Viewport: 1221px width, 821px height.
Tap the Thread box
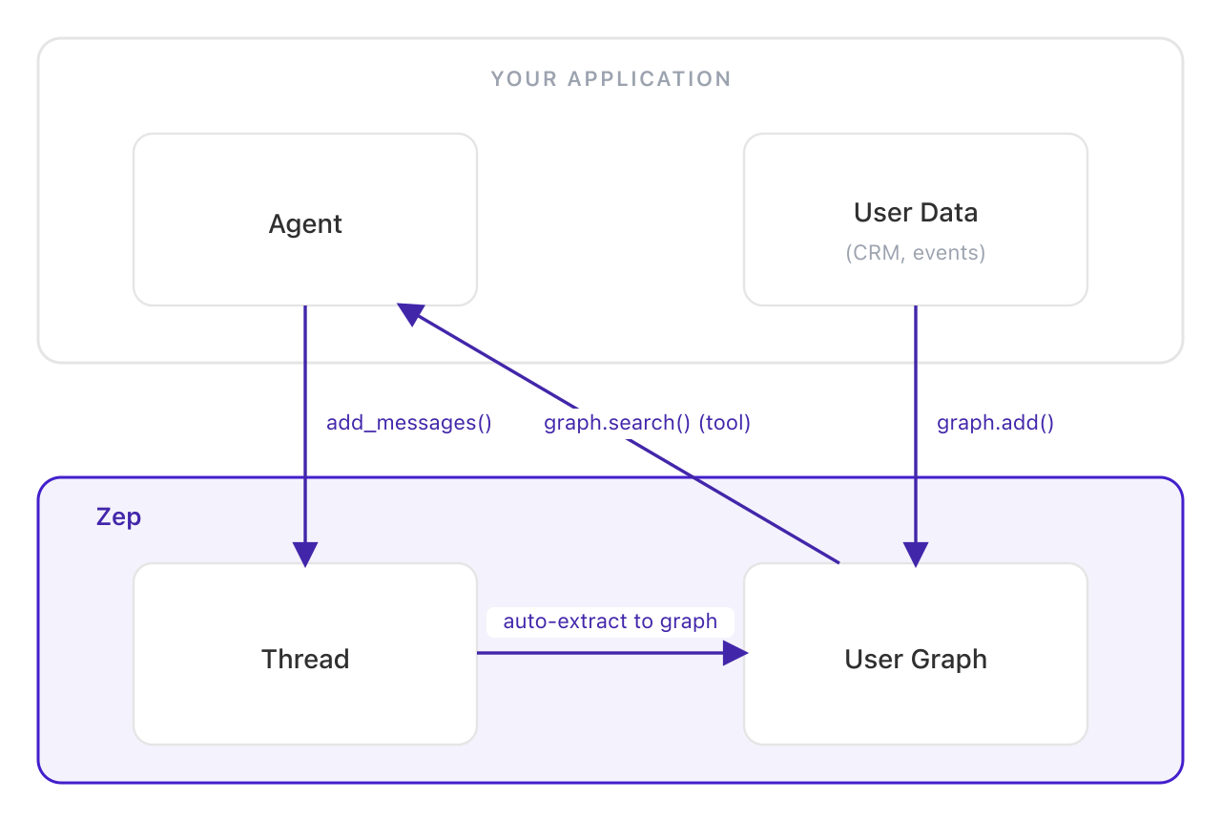tap(305, 659)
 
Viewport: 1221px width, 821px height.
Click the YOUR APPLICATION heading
tap(610, 79)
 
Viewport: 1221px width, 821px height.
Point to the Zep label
tap(119, 517)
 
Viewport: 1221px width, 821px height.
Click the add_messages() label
tap(408, 423)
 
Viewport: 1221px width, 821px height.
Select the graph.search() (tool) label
tap(647, 423)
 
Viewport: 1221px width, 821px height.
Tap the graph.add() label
tap(995, 423)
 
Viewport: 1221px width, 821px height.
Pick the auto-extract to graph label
tap(610, 621)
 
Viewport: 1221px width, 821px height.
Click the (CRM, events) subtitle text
tap(916, 253)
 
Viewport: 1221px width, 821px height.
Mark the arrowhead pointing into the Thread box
tap(305, 554)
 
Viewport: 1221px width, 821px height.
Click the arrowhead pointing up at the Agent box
tap(411, 314)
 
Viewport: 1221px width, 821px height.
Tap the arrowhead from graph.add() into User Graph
tap(916, 554)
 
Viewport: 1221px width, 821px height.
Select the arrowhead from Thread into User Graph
tap(735, 653)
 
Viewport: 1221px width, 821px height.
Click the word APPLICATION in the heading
tap(650, 79)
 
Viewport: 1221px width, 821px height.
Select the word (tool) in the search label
tap(725, 423)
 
